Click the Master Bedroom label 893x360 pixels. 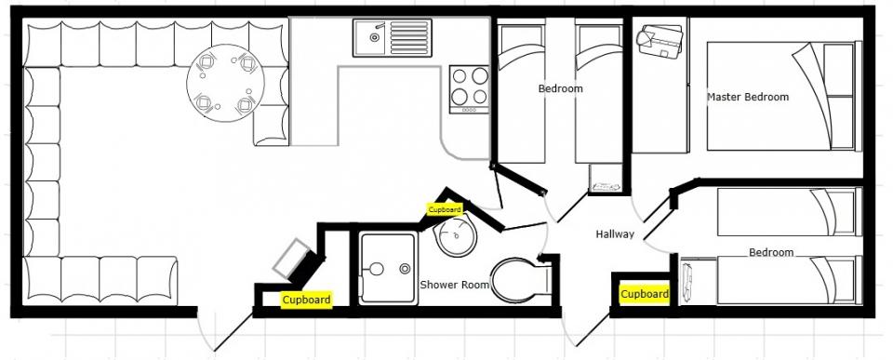748,97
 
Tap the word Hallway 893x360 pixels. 615,234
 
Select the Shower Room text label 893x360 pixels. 455,285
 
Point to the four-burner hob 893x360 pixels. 469,89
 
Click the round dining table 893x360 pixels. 225,83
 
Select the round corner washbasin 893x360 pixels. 456,237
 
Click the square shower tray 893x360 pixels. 389,268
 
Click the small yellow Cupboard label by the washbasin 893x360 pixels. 445,209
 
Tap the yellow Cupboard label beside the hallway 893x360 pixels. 644,295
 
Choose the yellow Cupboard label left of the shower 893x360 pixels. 306,300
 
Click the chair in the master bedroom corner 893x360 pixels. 660,40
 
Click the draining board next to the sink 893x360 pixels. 409,37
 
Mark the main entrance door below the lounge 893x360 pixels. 224,331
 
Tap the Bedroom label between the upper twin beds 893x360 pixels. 560,89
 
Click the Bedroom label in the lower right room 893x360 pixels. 771,252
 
